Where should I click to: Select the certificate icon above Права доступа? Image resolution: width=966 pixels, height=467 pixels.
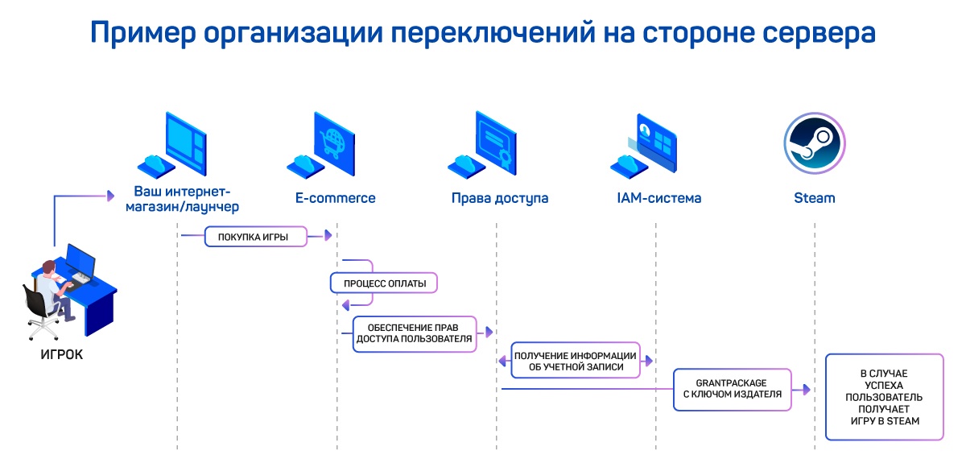[491, 143]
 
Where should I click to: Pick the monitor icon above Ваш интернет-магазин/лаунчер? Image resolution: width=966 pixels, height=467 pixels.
[185, 142]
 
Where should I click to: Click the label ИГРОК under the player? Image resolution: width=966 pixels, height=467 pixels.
[61, 354]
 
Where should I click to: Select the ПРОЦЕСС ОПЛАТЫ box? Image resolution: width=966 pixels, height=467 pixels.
[384, 283]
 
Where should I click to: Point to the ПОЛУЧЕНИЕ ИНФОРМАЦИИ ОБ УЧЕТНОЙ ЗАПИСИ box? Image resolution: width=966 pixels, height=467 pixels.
[575, 362]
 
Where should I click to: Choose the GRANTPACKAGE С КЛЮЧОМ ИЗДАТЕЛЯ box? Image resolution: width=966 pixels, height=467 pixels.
[732, 388]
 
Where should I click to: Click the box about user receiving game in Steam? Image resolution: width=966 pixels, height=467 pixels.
[885, 397]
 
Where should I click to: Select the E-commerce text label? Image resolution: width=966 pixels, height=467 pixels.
[335, 198]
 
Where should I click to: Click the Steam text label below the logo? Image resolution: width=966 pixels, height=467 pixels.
[814, 198]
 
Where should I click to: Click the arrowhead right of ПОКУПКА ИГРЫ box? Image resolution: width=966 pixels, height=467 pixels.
[328, 236]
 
